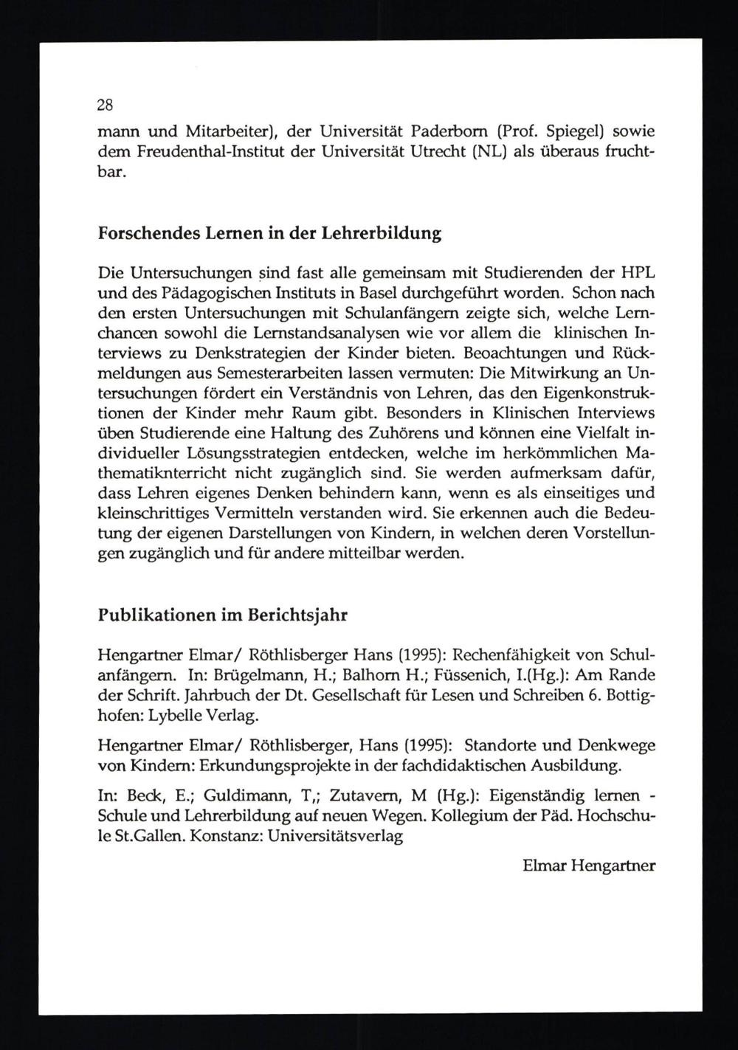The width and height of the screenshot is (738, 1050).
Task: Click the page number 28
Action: coord(105,105)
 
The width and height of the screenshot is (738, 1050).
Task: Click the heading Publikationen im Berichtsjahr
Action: coord(222,615)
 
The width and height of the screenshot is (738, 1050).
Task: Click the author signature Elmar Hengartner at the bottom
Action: coord(588,866)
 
